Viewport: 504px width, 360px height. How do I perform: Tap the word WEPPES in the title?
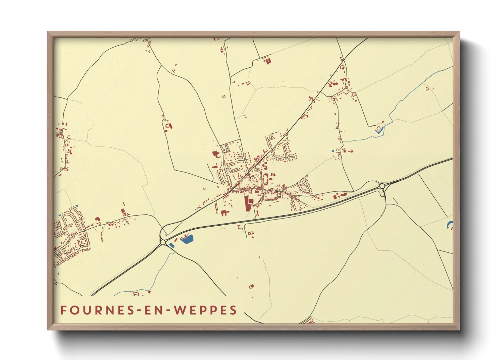(205, 310)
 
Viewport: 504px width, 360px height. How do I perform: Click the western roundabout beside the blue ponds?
(163, 242)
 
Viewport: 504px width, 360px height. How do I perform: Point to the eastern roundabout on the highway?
(382, 186)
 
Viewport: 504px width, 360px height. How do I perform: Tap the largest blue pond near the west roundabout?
(187, 239)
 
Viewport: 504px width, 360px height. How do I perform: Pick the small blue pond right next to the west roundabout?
(171, 245)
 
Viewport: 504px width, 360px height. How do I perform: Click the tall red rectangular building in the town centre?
(247, 203)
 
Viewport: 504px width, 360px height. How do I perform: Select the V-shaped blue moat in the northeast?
(378, 130)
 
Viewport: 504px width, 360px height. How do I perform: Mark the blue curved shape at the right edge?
(450, 225)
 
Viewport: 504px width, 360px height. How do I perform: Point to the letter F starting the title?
(63, 310)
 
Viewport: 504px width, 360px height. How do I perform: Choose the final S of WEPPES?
(233, 310)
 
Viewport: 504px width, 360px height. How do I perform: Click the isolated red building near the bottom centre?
(251, 287)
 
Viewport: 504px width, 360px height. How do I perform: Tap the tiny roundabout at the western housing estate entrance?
(84, 231)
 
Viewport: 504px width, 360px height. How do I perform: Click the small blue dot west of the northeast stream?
(333, 151)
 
